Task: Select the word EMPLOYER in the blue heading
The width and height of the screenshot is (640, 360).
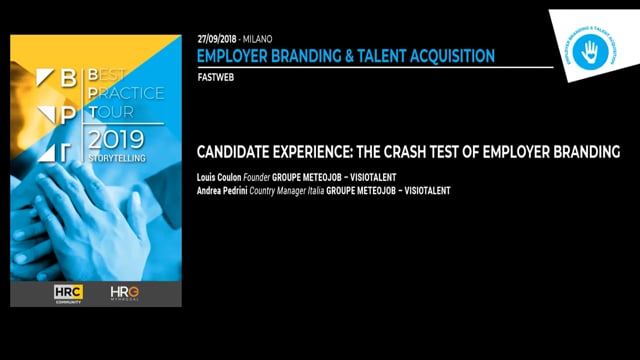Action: (x=235, y=56)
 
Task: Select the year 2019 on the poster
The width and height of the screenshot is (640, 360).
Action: (x=118, y=138)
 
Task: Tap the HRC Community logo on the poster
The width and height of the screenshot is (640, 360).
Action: (x=69, y=293)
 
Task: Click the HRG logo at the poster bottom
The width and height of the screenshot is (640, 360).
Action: (x=125, y=293)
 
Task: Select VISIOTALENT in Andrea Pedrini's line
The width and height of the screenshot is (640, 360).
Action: (x=422, y=190)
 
